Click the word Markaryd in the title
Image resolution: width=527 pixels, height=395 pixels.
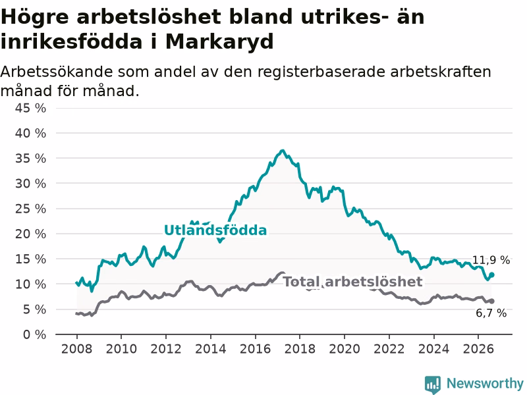point(219,42)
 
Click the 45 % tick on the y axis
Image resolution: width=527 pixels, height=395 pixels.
point(30,108)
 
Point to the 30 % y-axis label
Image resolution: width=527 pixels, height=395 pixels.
point(30,184)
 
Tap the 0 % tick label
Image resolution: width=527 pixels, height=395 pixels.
point(34,334)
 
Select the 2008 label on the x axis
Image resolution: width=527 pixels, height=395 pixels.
point(76,349)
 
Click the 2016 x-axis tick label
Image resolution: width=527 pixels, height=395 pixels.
point(255,349)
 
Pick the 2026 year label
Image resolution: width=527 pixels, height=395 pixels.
point(478,349)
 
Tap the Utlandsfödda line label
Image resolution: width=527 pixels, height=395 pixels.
point(215,230)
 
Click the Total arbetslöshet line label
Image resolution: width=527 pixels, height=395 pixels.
point(352,282)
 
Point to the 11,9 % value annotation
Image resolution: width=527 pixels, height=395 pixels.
point(491,260)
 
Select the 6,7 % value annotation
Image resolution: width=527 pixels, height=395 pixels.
point(491,313)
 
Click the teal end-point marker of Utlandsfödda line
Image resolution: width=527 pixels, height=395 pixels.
point(491,275)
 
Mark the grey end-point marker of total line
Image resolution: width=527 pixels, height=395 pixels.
point(491,302)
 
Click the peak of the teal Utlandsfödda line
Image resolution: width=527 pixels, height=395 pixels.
point(283,151)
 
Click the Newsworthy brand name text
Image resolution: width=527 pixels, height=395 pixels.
point(485,383)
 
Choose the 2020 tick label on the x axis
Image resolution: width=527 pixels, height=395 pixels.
point(345,349)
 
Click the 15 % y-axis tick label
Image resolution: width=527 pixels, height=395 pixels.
point(30,259)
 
